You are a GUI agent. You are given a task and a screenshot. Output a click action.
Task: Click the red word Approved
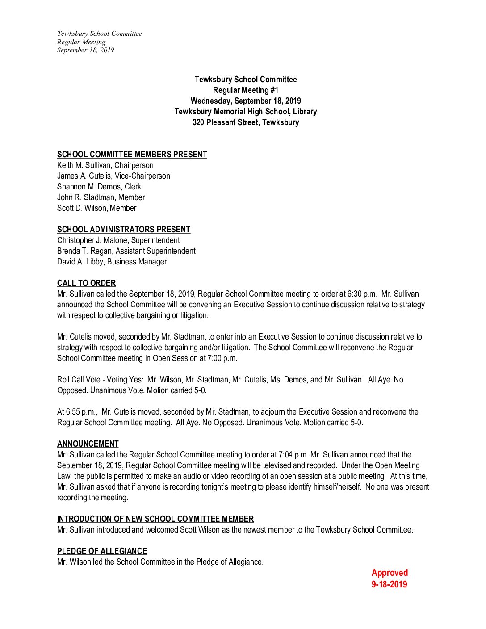pos(390,573)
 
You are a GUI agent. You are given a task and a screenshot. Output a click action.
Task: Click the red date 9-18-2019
pos(389,584)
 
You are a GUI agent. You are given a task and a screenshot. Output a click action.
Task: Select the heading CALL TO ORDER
pos(86,283)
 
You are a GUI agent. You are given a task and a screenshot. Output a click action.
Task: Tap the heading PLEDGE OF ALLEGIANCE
pos(102,551)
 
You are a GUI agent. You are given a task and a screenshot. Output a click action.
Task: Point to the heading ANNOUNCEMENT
pos(88,444)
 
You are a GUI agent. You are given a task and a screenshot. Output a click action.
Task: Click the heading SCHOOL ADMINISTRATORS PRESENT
pos(123,230)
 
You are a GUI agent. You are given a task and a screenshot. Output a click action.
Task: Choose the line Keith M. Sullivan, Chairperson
pos(105,165)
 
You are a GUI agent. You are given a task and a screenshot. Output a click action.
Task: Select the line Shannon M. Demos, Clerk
pos(99,187)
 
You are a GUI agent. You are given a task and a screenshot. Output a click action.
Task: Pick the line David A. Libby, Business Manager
pos(112,262)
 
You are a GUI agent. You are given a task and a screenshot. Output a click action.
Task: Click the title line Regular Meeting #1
pos(245,90)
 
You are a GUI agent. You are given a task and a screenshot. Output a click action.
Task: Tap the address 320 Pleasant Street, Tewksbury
pos(245,122)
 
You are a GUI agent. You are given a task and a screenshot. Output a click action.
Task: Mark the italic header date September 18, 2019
pos(85,50)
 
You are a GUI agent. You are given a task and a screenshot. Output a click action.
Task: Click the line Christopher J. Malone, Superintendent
pos(118,240)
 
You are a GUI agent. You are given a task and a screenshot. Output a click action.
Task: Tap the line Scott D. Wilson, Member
pos(96,208)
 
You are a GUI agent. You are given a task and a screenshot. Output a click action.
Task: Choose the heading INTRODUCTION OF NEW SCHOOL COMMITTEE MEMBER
pos(155,519)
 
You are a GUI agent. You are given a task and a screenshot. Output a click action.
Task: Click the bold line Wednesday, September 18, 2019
pos(245,101)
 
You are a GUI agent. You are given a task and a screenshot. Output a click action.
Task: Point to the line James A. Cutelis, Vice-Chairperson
pos(113,176)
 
